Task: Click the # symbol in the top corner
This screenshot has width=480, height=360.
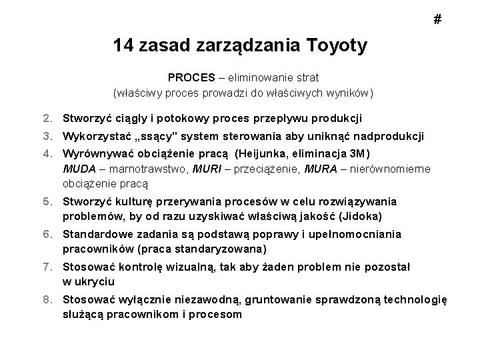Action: pos(437,20)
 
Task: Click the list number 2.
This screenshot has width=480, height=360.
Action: pos(49,119)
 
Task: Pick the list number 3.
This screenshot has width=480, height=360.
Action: pos(49,137)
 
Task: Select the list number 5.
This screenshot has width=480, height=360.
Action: pos(49,202)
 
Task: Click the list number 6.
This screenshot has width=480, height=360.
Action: pos(49,235)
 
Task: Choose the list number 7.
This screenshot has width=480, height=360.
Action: pos(49,267)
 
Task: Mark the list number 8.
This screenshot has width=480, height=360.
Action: pos(49,300)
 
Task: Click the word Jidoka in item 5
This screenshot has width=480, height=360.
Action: pos(360,215)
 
